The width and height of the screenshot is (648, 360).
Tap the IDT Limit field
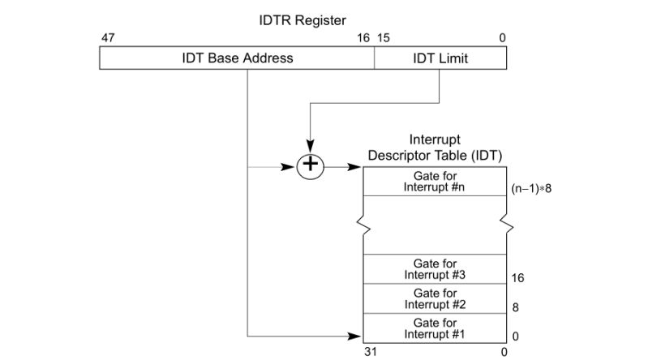pos(440,58)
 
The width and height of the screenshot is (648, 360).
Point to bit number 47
pos(107,38)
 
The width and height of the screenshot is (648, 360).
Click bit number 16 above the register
pos(363,38)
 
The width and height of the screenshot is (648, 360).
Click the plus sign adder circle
pos(310,167)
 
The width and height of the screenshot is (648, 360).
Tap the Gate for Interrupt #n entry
pos(435,181)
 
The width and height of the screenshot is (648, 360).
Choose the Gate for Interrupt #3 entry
pos(435,269)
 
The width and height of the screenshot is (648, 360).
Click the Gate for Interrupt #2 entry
pos(435,298)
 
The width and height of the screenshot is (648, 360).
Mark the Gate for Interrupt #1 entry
pos(435,328)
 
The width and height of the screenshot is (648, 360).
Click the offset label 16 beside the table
pos(518,277)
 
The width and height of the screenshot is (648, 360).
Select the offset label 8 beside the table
pos(516,307)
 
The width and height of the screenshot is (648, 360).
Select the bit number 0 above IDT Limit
pos(503,38)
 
